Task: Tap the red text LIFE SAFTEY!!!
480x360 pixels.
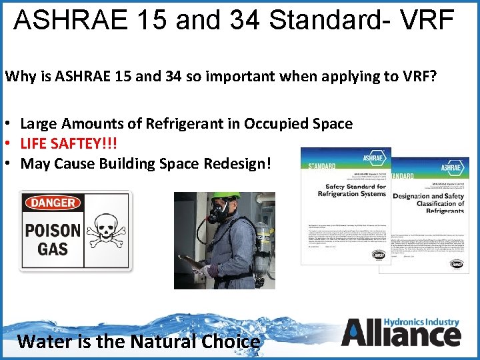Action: pyautogui.click(x=63, y=143)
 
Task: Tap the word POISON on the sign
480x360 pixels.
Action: pyautogui.click(x=54, y=231)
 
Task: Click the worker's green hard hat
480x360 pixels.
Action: pyautogui.click(x=227, y=198)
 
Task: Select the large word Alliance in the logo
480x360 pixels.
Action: pyautogui.click(x=400, y=334)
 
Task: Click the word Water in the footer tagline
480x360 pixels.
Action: pyautogui.click(x=42, y=342)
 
